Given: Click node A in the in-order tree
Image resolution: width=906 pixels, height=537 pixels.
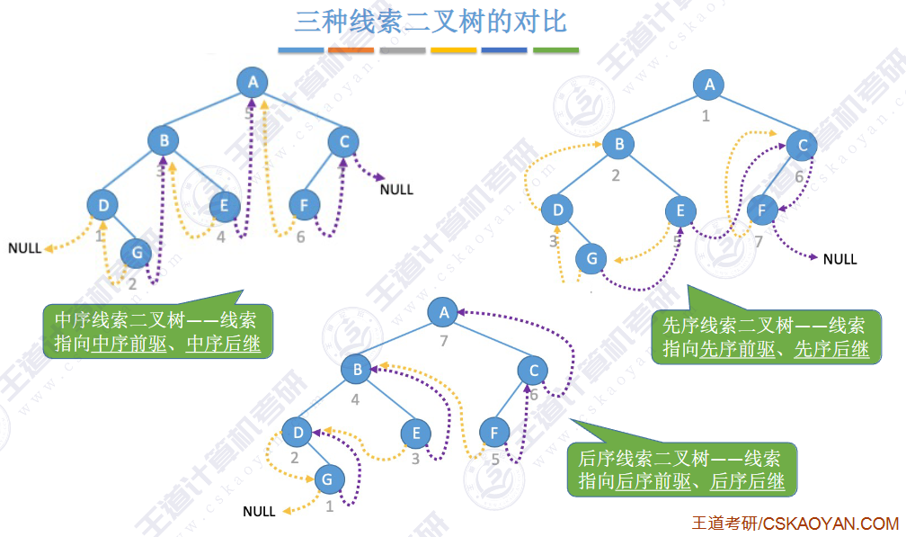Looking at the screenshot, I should [253, 83].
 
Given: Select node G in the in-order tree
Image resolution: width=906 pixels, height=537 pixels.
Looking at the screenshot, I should [137, 254].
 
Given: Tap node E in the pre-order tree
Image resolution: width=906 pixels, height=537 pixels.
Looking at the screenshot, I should [680, 211].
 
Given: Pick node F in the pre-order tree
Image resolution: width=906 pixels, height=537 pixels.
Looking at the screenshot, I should [762, 210].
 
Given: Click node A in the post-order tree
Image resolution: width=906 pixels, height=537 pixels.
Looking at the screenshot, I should [442, 313].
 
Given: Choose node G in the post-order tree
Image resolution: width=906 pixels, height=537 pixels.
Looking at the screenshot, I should [328, 479].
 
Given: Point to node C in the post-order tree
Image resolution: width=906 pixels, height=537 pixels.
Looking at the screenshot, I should [534, 370].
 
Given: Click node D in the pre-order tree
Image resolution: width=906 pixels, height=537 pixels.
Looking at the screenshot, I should [558, 211].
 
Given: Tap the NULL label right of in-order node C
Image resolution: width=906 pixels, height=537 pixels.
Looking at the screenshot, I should [396, 190].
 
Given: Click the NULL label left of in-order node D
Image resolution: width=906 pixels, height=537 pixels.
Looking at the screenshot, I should [25, 248].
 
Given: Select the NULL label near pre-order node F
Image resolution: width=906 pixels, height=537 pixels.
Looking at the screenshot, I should [839, 259].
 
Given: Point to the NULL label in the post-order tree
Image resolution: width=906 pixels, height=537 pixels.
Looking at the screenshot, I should [259, 512].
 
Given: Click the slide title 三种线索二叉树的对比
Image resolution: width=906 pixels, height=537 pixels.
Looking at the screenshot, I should [431, 22].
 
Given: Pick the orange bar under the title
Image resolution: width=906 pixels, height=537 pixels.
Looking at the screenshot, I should [351, 50].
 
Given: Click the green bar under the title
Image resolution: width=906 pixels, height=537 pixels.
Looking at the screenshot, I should [555, 50].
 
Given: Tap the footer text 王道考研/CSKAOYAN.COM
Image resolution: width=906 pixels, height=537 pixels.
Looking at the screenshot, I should [795, 524].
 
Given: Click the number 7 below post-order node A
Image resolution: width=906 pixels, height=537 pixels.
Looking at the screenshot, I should [442, 341].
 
